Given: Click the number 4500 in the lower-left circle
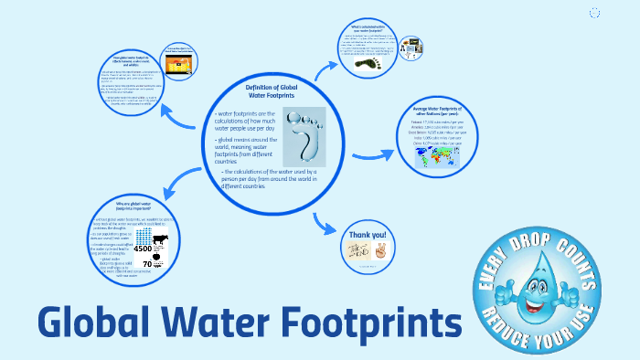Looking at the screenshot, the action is [x=143, y=248].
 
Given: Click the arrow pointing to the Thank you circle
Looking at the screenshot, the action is [x=324, y=223].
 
